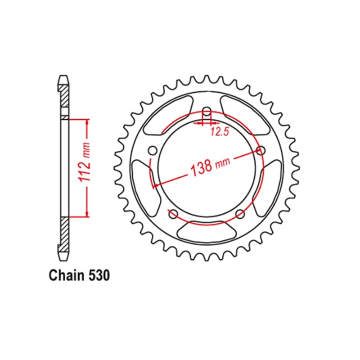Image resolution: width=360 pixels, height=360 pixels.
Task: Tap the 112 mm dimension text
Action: [x=85, y=162]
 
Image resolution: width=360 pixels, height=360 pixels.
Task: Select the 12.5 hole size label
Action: [x=220, y=132]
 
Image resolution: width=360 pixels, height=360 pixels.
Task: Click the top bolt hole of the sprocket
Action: [x=207, y=111]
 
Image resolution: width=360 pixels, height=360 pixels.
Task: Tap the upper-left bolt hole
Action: [x=153, y=151]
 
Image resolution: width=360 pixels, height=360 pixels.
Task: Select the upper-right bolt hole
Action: [x=261, y=151]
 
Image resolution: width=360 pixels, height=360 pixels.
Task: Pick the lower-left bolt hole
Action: [x=173, y=215]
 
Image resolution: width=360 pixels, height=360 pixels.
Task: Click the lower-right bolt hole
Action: [x=240, y=215]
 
